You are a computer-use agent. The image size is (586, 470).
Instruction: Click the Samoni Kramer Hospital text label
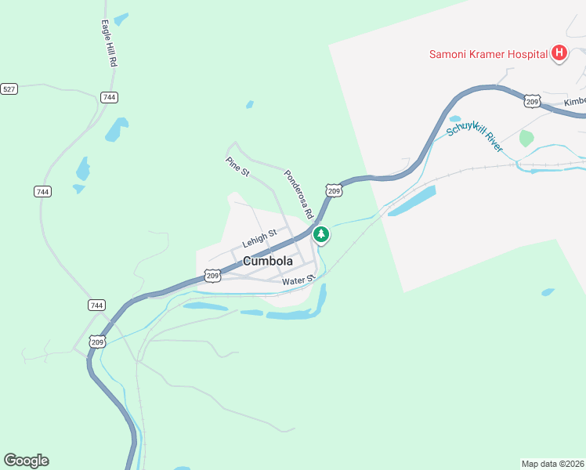tap(487, 54)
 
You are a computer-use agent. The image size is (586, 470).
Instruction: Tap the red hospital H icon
tap(559, 53)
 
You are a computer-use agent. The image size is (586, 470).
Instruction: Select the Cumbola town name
tap(268, 261)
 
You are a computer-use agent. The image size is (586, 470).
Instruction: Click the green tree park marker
tap(320, 234)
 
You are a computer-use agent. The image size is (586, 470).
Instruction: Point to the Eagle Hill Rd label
tap(109, 44)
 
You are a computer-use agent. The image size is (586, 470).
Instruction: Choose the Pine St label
tap(237, 166)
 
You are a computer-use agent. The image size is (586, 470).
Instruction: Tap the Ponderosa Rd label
tap(298, 193)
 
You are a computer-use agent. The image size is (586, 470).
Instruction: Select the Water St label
tap(298, 280)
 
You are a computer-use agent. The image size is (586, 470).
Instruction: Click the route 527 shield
tap(9, 89)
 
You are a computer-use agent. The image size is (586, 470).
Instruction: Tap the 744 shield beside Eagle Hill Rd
tap(109, 97)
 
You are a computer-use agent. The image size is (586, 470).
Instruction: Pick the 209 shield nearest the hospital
tap(532, 102)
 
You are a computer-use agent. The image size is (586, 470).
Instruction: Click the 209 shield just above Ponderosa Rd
tap(334, 191)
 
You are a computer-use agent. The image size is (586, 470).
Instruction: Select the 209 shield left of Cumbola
tap(212, 275)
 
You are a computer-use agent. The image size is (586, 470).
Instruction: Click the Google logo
tap(26, 461)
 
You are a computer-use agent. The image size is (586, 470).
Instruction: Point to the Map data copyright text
tap(552, 463)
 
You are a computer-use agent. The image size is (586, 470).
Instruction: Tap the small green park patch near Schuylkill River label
tap(526, 139)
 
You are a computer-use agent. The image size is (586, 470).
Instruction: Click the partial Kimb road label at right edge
tap(575, 102)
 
